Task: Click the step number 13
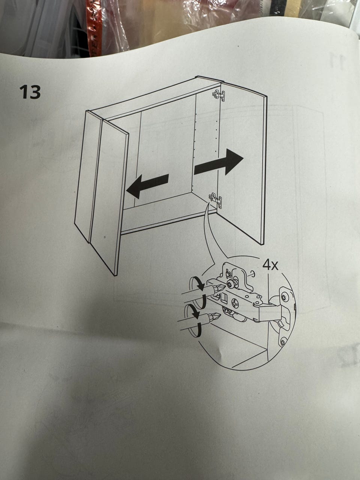click(x=30, y=92)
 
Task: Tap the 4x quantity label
click(x=270, y=265)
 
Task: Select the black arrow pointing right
click(x=219, y=162)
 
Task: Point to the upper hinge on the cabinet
click(x=219, y=95)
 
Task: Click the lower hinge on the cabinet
click(x=216, y=199)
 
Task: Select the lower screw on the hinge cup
click(x=283, y=342)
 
